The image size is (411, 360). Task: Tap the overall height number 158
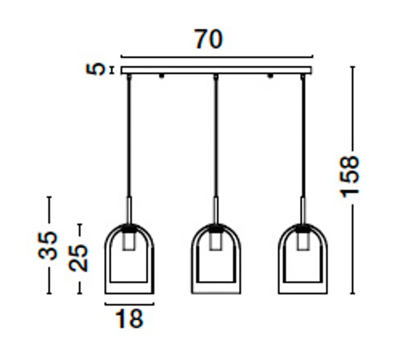coord(351,176)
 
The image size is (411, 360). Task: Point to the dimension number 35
coord(48,245)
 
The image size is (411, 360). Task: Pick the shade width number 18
coord(129,318)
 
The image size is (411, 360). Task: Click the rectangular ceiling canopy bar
coord(216,70)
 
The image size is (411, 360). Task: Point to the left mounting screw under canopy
coord(161,76)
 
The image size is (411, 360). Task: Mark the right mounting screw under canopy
coord(270,76)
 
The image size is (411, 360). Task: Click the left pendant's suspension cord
coord(129,137)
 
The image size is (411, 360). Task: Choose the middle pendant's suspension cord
coord(216,137)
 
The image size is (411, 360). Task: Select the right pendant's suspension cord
coord(302,137)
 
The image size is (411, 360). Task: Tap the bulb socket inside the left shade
coord(129,241)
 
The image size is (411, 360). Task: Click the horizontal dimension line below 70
coord(216,57)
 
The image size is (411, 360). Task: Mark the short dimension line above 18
coord(129,303)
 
